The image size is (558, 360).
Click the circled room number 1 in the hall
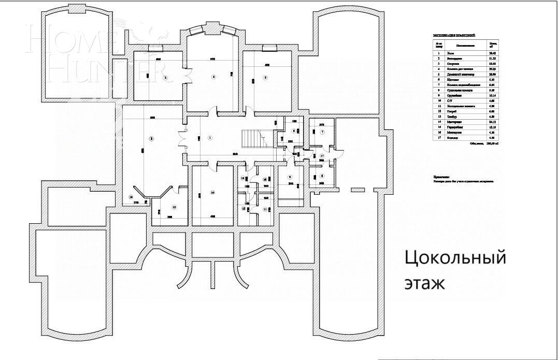[210, 138]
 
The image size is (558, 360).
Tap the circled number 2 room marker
[151, 138]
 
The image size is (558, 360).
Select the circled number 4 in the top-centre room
[213, 77]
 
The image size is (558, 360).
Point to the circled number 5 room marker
[265, 78]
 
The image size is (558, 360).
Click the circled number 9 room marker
[290, 177]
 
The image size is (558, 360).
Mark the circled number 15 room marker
[174, 207]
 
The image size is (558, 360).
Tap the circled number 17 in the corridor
[322, 155]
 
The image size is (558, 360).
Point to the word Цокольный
[454, 257]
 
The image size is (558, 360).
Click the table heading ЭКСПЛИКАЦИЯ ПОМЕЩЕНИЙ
[454, 35]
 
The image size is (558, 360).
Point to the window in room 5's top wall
[269, 48]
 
